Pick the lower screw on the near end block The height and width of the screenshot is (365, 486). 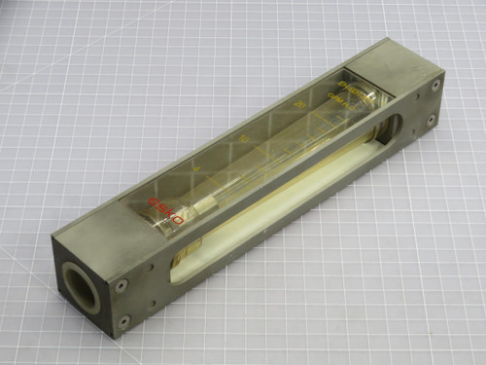[123, 319]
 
